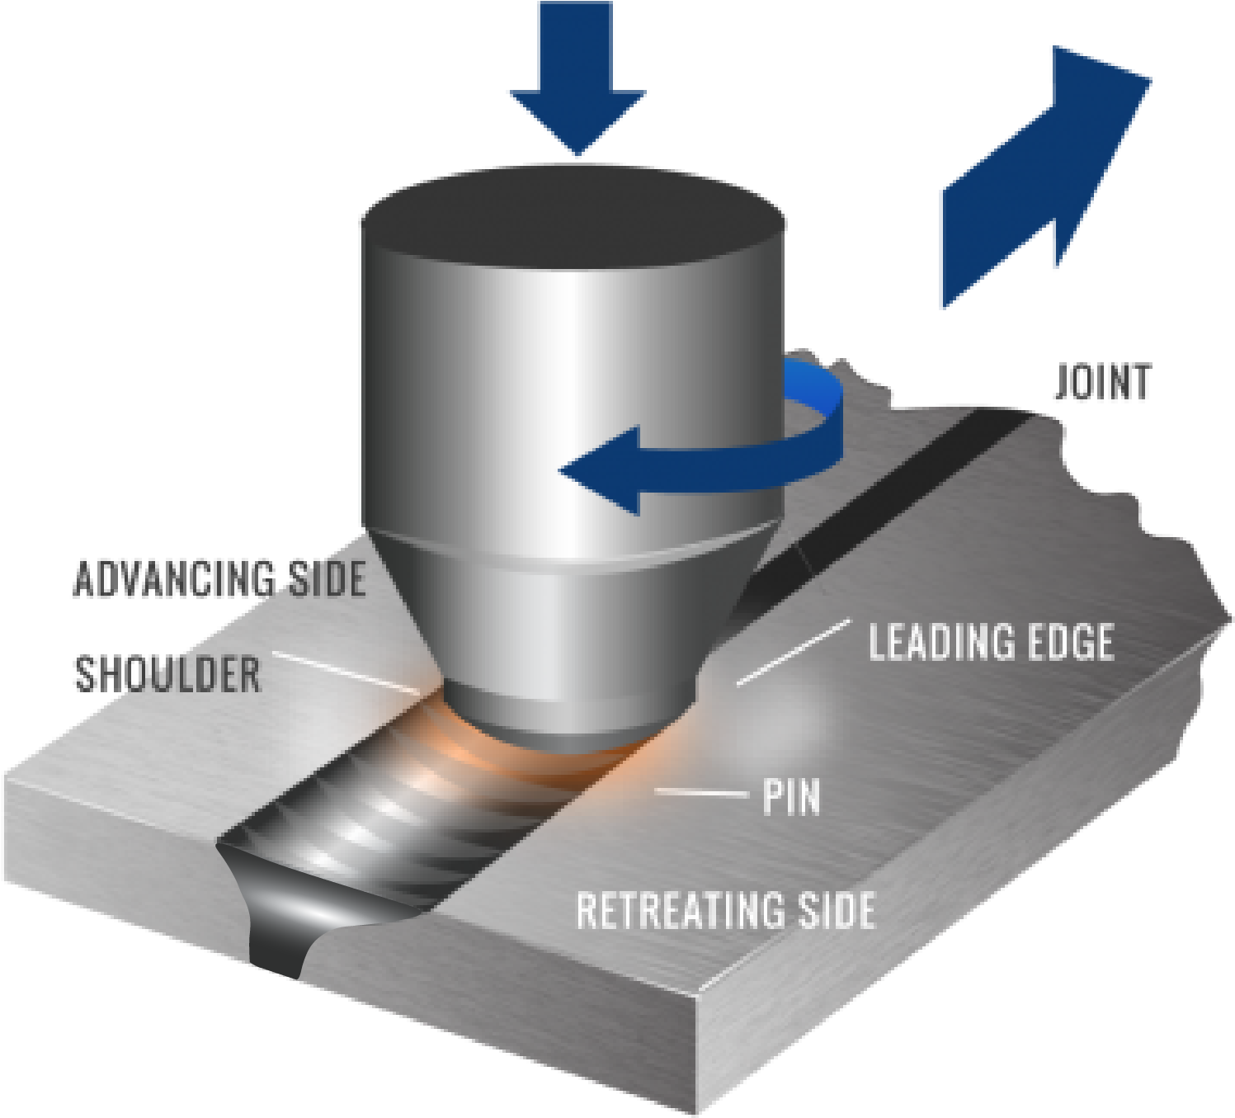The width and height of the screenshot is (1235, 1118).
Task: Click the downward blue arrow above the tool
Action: [x=577, y=83]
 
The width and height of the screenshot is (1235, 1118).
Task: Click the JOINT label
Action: [x=1102, y=384]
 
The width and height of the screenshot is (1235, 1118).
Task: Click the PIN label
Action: [x=791, y=796]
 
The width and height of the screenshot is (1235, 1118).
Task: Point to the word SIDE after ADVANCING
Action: [x=327, y=578]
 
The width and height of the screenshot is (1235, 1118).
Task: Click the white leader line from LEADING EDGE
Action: [x=792, y=652]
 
